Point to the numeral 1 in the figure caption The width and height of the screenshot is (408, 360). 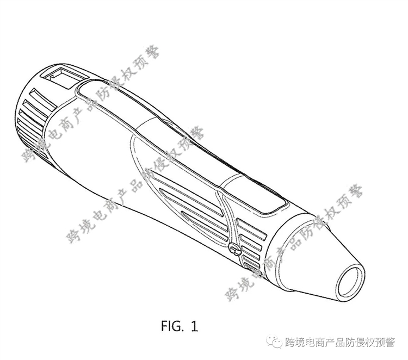195,326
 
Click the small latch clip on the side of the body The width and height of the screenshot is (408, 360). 236,250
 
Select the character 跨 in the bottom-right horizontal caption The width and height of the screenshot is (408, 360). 292,343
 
